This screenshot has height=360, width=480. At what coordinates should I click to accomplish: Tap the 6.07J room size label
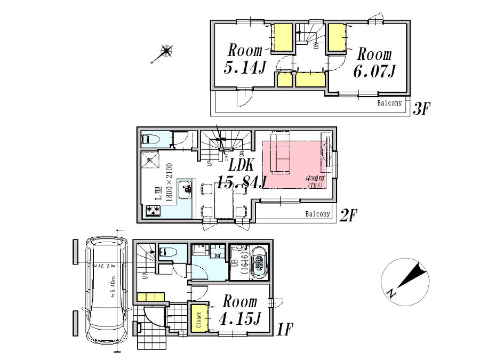coord(374,62)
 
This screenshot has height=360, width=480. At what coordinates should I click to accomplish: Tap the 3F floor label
coord(421,109)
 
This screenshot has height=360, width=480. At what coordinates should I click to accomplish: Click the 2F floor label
coord(348,215)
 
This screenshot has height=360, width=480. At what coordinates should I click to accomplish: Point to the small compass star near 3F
coord(166,52)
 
